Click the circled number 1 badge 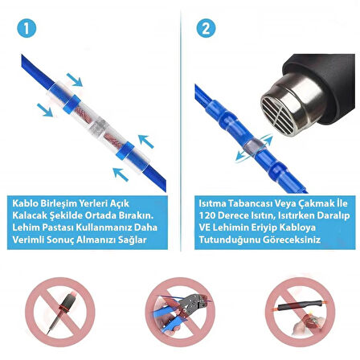27,28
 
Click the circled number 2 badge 206,28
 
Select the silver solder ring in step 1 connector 99,127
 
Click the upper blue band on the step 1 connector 72,104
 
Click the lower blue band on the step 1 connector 125,151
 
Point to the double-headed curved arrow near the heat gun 254,148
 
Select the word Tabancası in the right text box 245,203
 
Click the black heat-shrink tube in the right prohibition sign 300,305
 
